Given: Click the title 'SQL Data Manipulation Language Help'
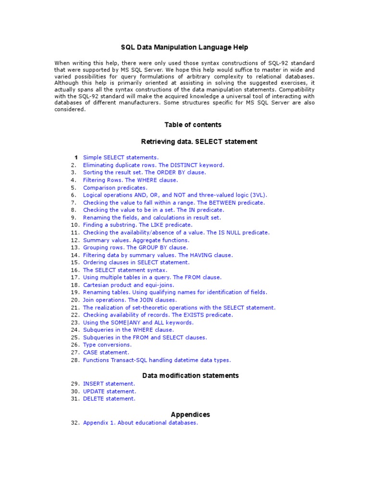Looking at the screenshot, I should (184, 47).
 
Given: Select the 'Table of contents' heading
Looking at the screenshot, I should (193, 125).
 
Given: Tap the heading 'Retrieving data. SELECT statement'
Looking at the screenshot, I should (199, 141).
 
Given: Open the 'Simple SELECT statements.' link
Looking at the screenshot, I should (121, 157).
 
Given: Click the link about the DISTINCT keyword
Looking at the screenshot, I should (153, 165).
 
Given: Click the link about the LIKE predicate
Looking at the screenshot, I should (137, 224).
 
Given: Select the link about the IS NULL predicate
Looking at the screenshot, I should (176, 233).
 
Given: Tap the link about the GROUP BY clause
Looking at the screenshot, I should (135, 247).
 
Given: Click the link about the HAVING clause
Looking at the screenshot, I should (158, 255).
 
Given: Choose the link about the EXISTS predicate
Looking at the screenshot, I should (158, 315).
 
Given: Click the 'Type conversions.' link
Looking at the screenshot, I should (107, 345).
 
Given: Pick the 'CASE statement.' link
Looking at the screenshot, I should (106, 352).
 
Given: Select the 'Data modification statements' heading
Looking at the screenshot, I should (191, 375).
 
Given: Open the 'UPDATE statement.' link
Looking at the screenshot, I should (110, 391).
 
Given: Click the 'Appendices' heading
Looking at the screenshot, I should (190, 414).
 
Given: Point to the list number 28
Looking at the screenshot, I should (74, 360).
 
